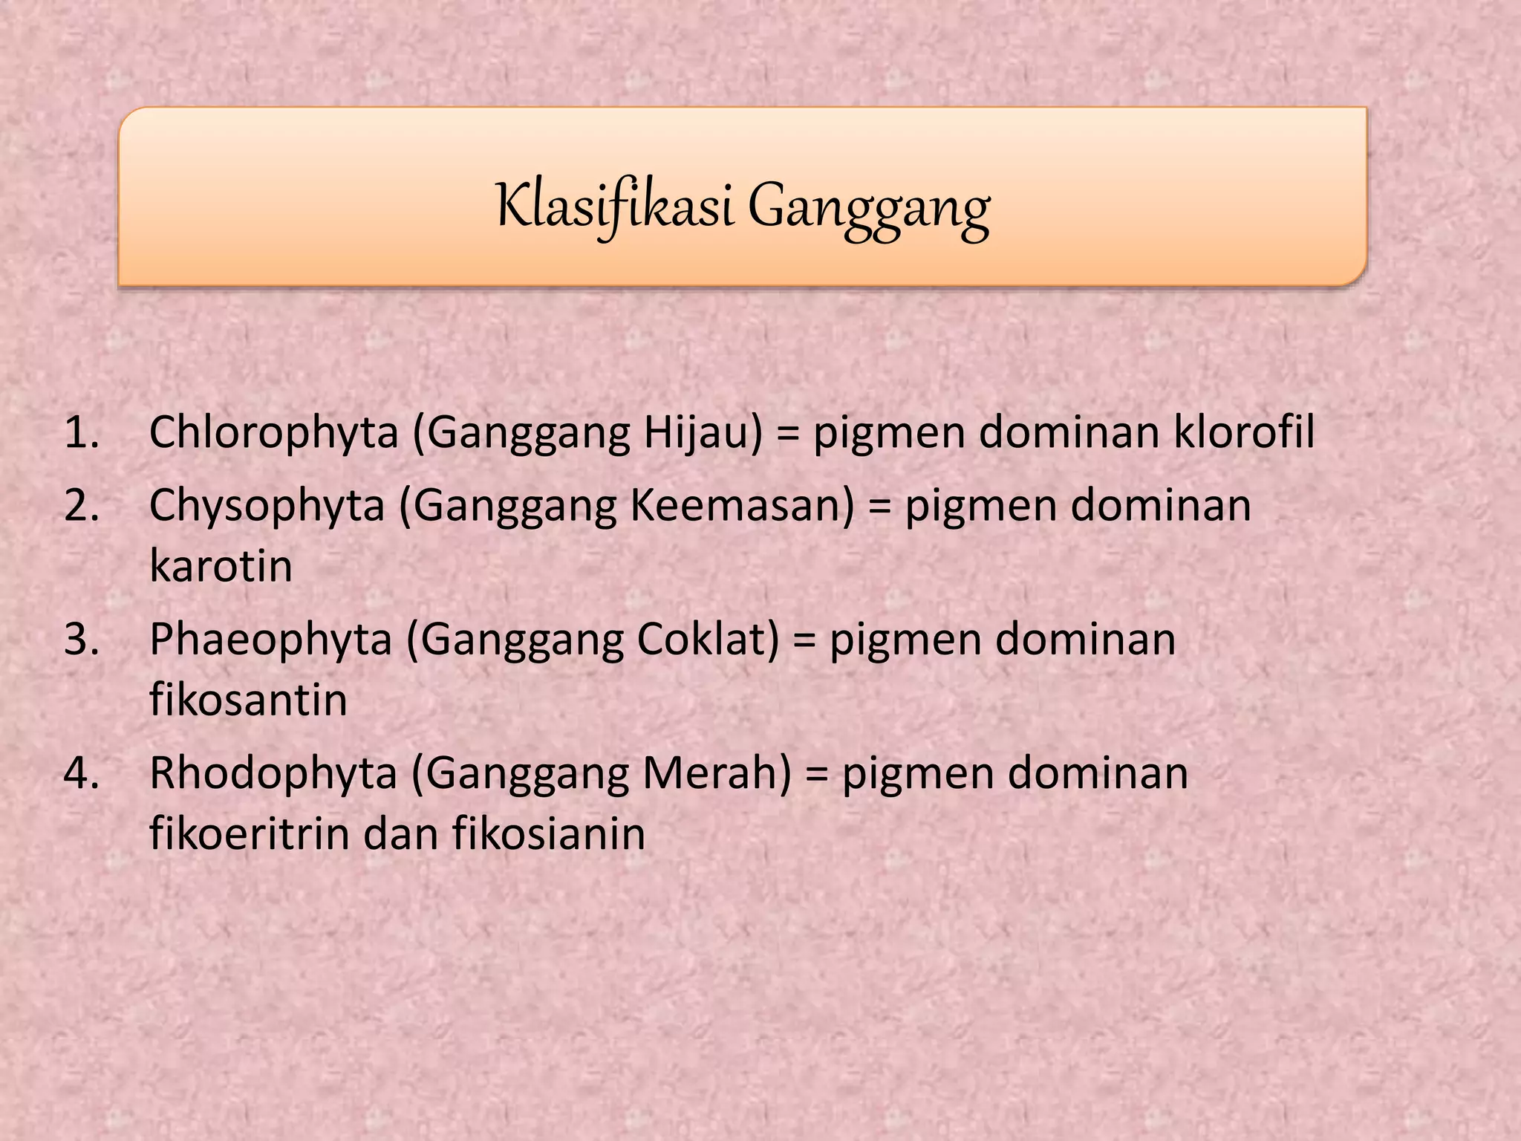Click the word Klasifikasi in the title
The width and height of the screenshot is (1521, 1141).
pyautogui.click(x=615, y=207)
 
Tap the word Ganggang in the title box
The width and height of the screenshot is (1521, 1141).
pyautogui.click(x=868, y=209)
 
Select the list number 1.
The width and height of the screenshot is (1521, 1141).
pyautogui.click(x=82, y=432)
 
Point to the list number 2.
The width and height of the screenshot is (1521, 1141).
pyautogui.click(x=82, y=506)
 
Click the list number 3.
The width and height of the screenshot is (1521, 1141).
pyautogui.click(x=82, y=640)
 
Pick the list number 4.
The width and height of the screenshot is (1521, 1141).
pyautogui.click(x=82, y=773)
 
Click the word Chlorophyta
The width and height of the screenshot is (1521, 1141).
pyautogui.click(x=274, y=434)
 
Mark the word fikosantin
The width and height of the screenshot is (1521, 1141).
pyautogui.click(x=248, y=700)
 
